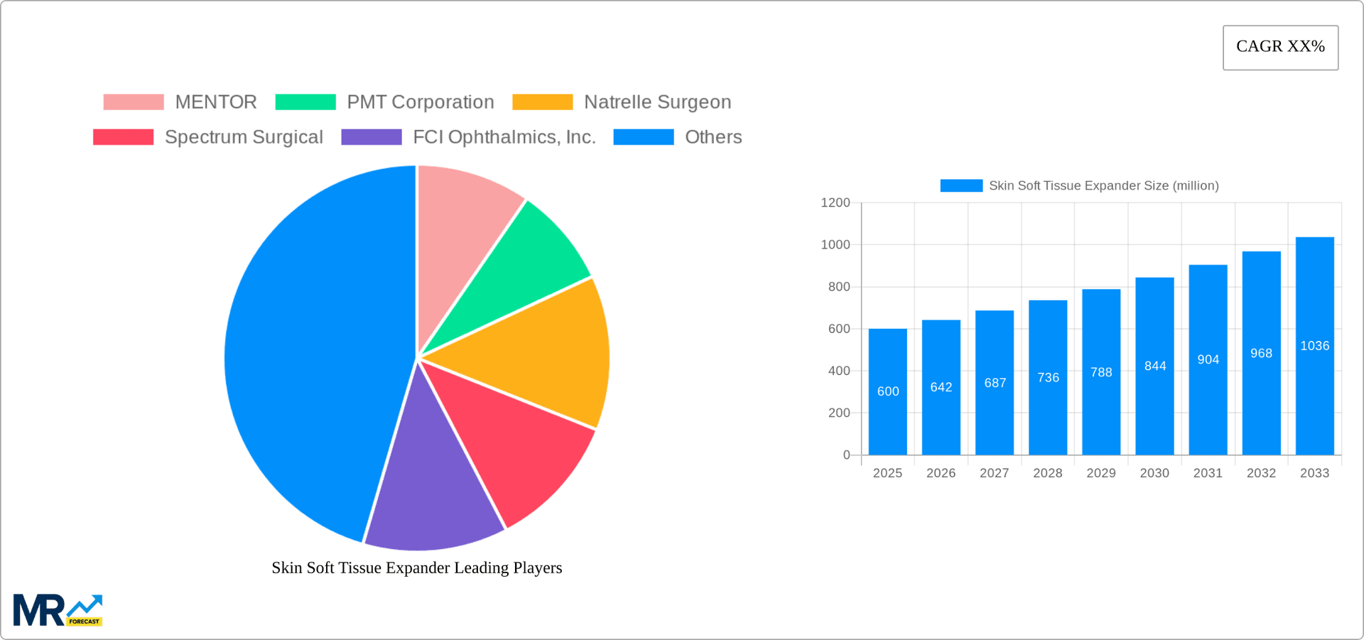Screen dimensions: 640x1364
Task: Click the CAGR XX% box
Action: click(1280, 48)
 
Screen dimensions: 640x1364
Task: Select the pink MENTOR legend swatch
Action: click(133, 102)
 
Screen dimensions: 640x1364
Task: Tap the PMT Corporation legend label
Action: click(420, 102)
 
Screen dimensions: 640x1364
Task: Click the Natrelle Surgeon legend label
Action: click(657, 102)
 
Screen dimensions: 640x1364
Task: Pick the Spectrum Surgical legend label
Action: click(244, 137)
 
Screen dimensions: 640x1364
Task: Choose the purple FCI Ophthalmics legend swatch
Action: click(371, 137)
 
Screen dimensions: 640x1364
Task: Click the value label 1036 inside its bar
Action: click(1314, 346)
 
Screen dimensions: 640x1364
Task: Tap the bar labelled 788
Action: click(1101, 398)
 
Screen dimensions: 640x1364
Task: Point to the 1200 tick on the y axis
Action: click(835, 203)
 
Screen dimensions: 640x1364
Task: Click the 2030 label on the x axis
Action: click(1154, 473)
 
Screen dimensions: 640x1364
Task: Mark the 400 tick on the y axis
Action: click(838, 371)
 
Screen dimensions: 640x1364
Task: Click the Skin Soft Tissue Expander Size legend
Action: click(1079, 185)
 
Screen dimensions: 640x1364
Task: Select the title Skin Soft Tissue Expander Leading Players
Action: click(416, 568)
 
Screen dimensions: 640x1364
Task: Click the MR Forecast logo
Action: click(58, 611)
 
